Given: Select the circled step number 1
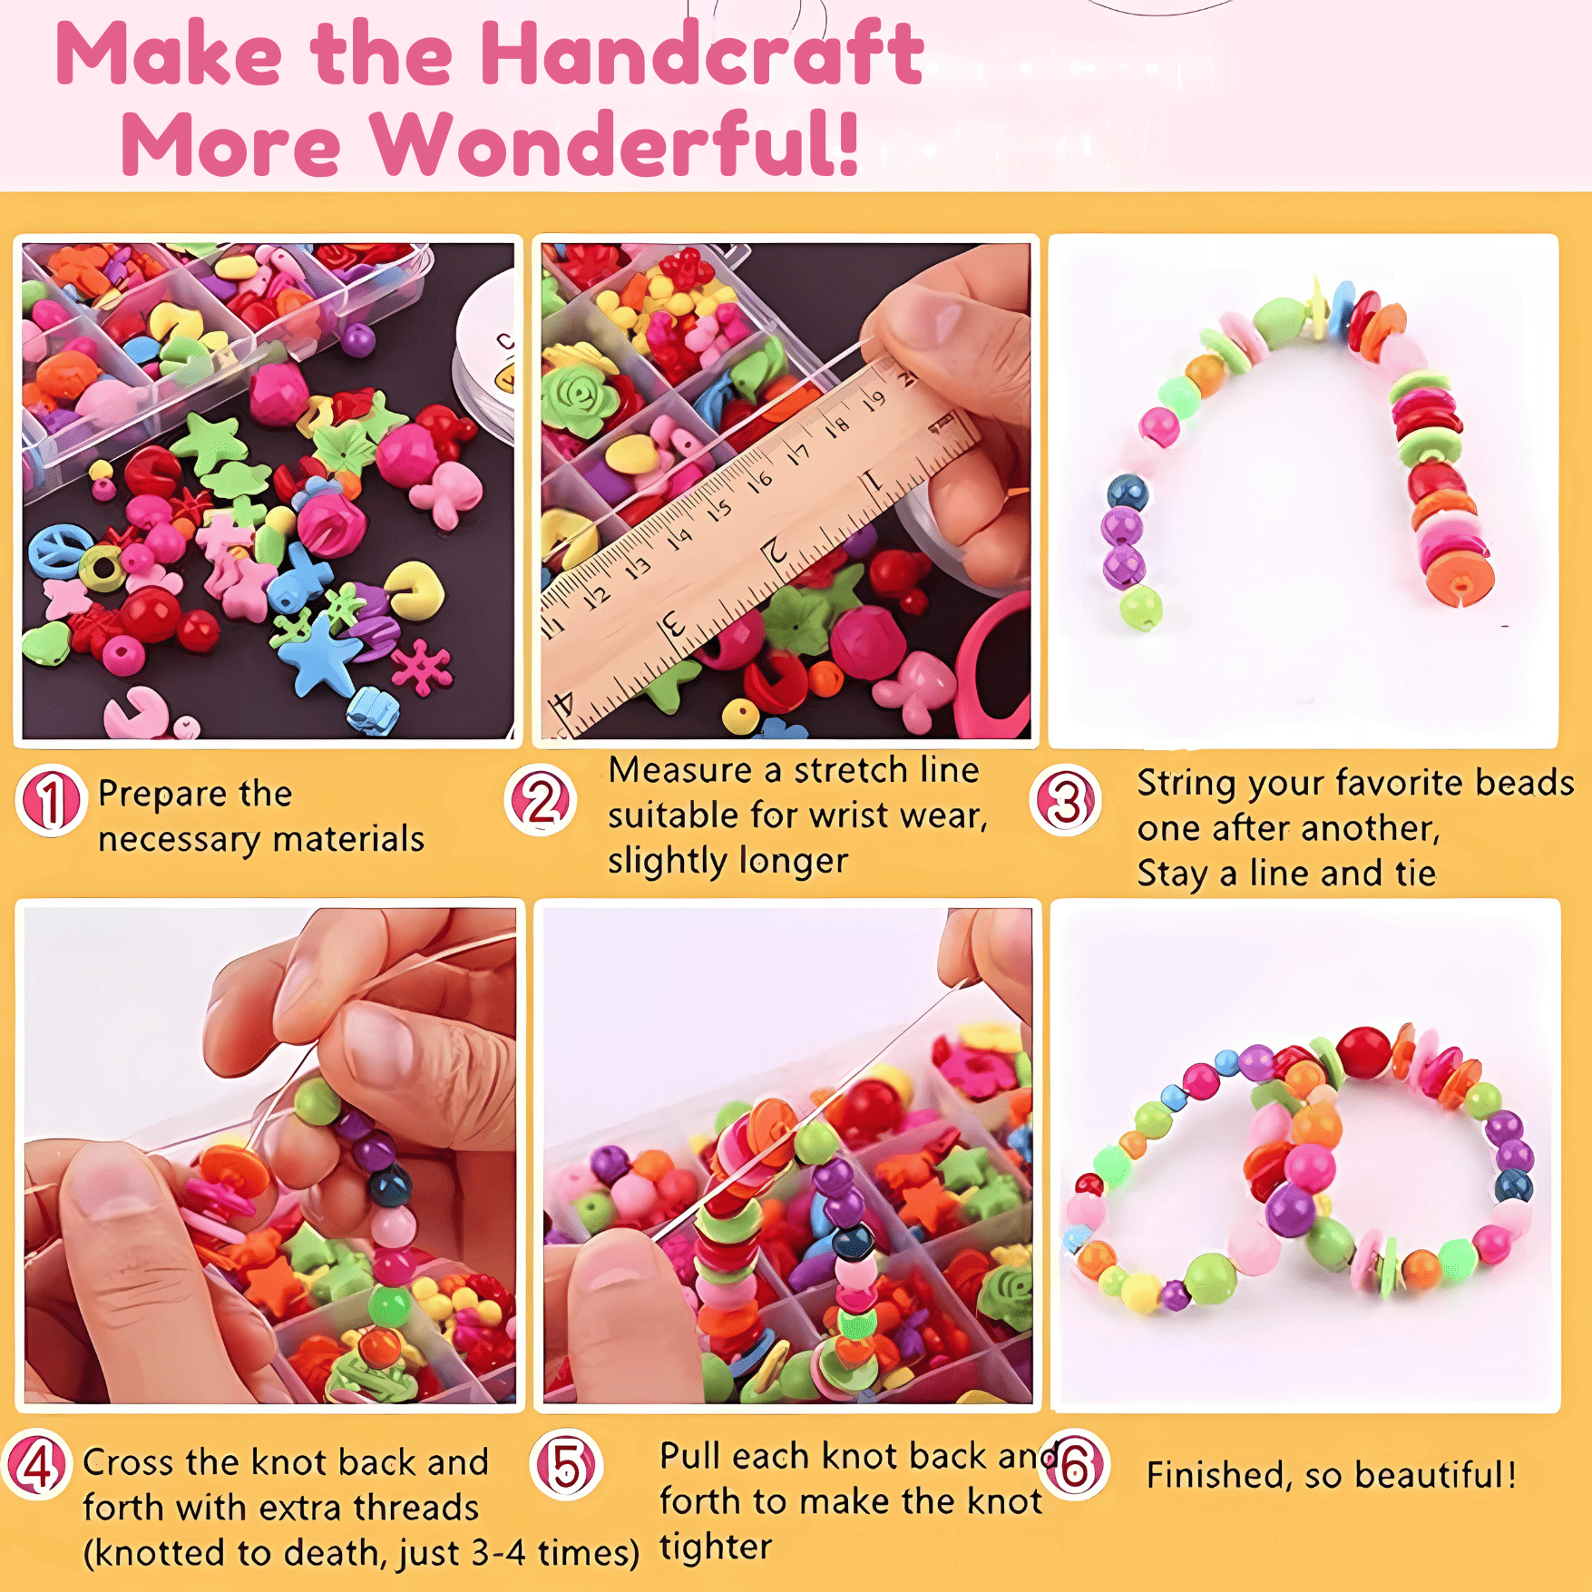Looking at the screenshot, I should click(x=51, y=800).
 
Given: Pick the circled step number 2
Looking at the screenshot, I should click(x=541, y=800).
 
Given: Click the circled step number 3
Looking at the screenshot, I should click(x=1067, y=800).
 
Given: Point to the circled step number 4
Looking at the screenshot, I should click(x=36, y=1464).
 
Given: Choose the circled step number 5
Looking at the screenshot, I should click(x=567, y=1464).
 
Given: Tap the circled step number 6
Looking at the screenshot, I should click(x=1076, y=1464).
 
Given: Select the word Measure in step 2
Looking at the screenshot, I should click(x=680, y=770).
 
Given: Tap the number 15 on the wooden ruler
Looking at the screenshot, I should click(x=718, y=510).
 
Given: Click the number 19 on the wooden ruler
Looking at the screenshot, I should click(x=873, y=401).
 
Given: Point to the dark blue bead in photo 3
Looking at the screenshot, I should click(x=1128, y=493).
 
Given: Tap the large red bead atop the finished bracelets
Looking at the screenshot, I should click(x=1364, y=1052).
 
